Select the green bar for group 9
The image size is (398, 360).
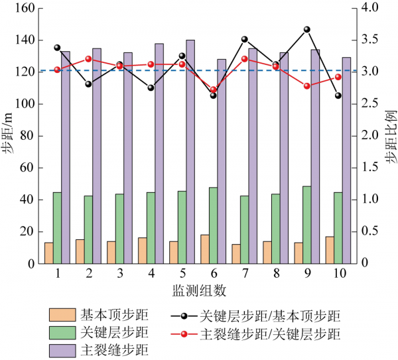pos(307,225)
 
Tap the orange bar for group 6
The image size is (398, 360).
pos(205,249)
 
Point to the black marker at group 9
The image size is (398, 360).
pos(307,29)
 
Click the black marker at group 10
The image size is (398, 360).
pos(338,95)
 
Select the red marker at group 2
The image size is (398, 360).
pos(88,59)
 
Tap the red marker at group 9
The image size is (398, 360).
pos(307,86)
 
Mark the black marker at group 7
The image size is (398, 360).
pos(244,39)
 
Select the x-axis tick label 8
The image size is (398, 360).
pos(275,274)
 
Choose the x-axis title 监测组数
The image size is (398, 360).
pos(198,290)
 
